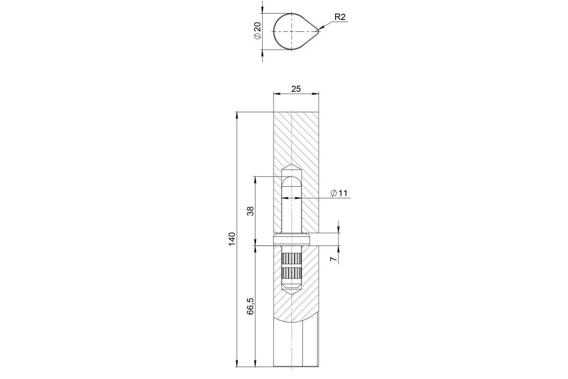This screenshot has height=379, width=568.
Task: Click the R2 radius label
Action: point(340,17)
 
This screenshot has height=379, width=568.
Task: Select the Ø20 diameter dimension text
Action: point(257,31)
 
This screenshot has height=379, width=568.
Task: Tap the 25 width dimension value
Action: point(296,89)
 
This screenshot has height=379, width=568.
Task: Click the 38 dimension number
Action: point(250,211)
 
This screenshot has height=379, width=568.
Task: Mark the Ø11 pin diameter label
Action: point(339,193)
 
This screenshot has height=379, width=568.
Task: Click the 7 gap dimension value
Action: point(333,259)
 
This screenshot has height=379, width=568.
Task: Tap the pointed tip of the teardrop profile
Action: point(318,31)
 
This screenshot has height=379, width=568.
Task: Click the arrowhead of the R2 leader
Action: point(320,28)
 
